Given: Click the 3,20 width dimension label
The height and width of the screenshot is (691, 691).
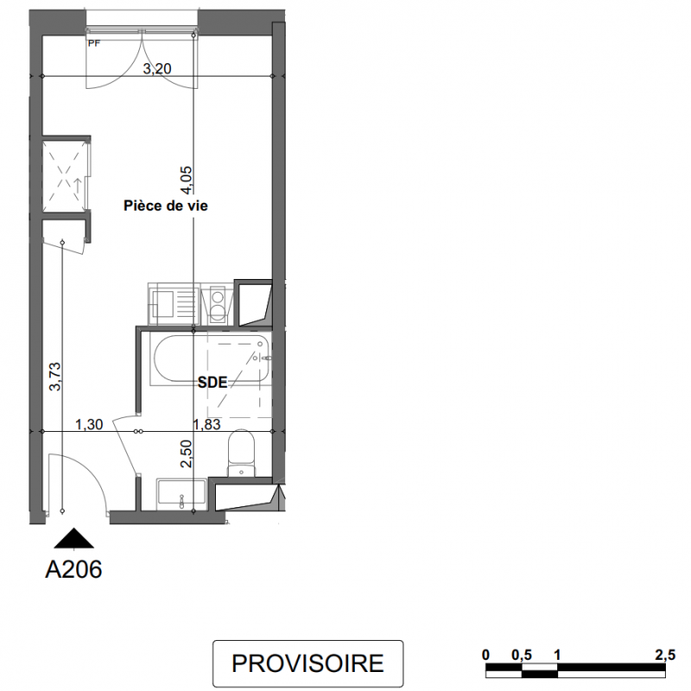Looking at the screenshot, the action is point(157,69).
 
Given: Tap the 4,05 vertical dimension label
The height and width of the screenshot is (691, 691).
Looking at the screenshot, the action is point(187,180).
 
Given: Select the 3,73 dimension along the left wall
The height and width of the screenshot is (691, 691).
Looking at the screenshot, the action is point(55,377).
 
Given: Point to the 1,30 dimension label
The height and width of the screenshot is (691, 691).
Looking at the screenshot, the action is point(89,424).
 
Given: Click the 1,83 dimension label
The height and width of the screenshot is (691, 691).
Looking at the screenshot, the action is point(207,424).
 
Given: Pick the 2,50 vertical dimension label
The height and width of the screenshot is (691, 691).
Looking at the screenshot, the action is point(187,453).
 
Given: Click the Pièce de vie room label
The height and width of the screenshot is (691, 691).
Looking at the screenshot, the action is point(166,206).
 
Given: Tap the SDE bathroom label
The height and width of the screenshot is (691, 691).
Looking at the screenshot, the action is point(212,382).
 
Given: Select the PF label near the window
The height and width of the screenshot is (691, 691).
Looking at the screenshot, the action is point(94,43).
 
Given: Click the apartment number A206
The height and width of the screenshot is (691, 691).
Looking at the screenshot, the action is point(73,569).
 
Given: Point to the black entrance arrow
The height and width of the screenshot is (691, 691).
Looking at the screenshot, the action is point(73,538).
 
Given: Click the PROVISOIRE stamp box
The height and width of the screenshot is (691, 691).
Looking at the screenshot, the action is point(308,663).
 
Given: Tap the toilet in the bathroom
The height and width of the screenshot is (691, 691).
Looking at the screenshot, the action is point(241,453).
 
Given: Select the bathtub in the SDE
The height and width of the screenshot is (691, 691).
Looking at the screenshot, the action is point(209,358).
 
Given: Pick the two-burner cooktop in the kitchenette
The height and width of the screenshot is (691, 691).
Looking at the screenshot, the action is point(217,304).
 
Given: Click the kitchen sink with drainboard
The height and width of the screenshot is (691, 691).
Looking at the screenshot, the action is point(174,304).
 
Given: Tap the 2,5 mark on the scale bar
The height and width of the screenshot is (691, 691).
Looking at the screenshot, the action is point(665,656).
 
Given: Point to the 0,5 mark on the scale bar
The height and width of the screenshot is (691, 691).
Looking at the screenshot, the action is point(522,656).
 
